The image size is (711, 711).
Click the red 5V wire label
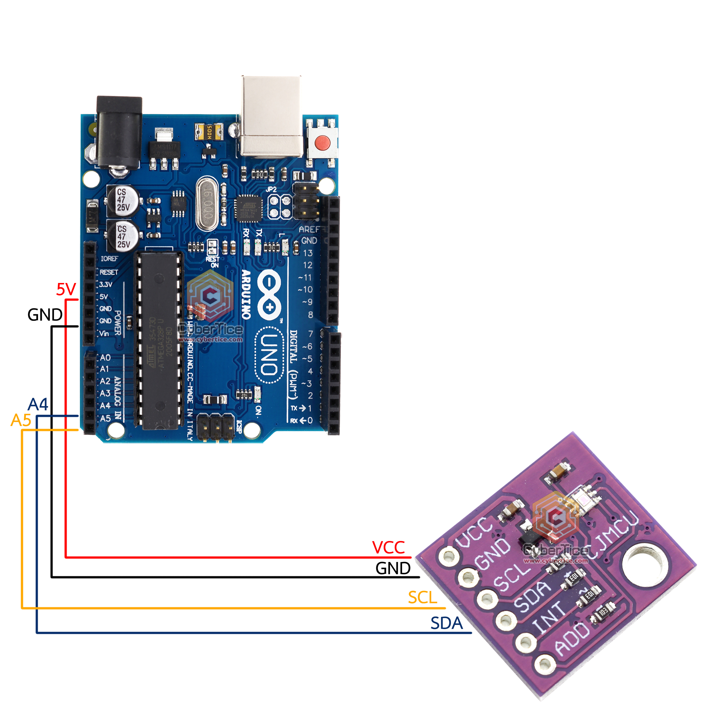66,290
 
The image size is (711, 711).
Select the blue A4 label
38,404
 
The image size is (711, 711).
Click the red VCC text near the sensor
388,547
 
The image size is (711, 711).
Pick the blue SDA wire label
447,623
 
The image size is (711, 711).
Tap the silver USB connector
271,116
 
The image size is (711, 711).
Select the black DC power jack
119,133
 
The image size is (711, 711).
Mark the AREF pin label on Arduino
308,229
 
